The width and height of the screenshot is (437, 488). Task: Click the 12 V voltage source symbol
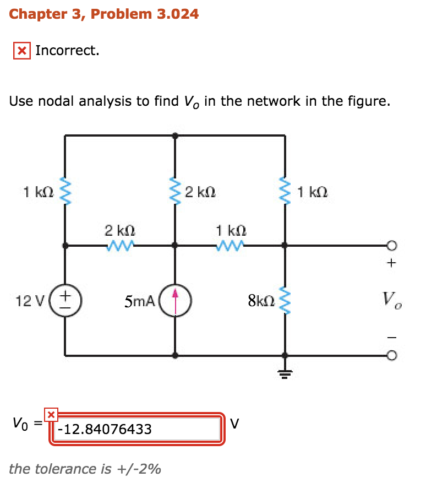65,301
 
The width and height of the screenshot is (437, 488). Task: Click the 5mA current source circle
175,301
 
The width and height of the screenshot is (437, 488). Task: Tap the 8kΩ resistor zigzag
285,301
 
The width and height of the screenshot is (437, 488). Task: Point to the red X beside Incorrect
21,51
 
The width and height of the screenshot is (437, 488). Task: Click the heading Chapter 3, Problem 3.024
104,14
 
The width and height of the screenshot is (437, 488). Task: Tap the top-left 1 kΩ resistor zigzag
65,191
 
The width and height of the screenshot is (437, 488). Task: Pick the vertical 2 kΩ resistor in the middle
175,191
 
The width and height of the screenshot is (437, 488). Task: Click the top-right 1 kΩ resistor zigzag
285,191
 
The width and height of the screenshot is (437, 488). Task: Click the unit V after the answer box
235,424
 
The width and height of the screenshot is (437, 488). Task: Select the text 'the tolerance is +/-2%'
85,469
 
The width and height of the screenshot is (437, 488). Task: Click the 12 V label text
26,301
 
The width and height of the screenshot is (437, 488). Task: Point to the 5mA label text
140,301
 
